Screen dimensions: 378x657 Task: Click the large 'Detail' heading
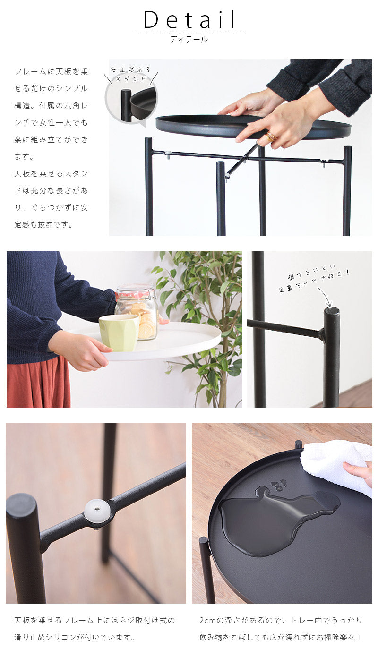pyautogui.click(x=189, y=19)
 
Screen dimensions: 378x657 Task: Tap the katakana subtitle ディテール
pyautogui.click(x=189, y=39)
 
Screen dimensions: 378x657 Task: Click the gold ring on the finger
pyautogui.click(x=271, y=136)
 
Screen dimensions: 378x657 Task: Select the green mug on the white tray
pyautogui.click(x=119, y=333)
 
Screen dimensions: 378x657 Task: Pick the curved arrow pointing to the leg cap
pyautogui.click(x=325, y=296)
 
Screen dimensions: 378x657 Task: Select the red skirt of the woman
pyautogui.click(x=38, y=381)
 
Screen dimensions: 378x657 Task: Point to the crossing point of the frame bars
pyautogui.click(x=244, y=159)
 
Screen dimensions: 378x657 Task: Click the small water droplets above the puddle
pyautogui.click(x=279, y=485)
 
